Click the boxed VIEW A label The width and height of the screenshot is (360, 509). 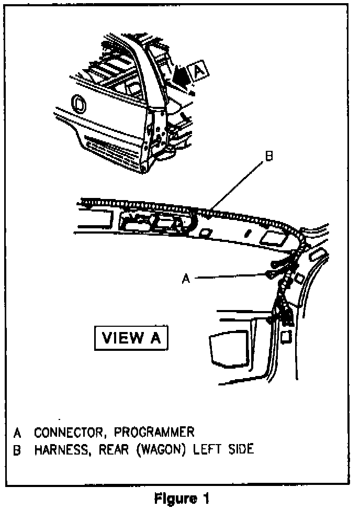point(131,337)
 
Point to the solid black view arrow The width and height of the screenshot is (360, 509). point(181,76)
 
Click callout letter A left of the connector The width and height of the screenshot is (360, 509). point(185,279)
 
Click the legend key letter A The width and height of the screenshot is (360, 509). point(17,433)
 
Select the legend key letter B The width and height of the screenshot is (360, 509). point(17,450)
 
